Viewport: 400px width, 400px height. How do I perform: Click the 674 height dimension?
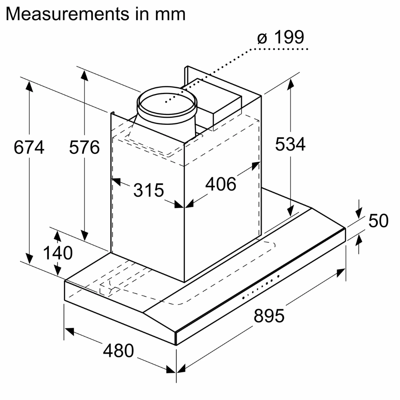click(x=29, y=147)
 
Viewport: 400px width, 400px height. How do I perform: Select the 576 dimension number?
click(x=84, y=147)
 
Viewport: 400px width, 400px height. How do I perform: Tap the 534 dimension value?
click(x=290, y=144)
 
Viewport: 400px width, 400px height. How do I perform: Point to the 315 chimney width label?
click(x=148, y=190)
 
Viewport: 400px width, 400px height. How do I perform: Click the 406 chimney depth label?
click(x=221, y=184)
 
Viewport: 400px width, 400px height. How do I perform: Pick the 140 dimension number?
click(x=57, y=253)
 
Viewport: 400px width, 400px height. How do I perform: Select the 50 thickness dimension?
click(x=379, y=221)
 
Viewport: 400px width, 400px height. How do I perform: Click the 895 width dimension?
click(x=269, y=316)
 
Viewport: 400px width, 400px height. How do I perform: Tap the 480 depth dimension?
click(x=118, y=350)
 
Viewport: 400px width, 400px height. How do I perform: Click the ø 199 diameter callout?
click(x=280, y=37)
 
